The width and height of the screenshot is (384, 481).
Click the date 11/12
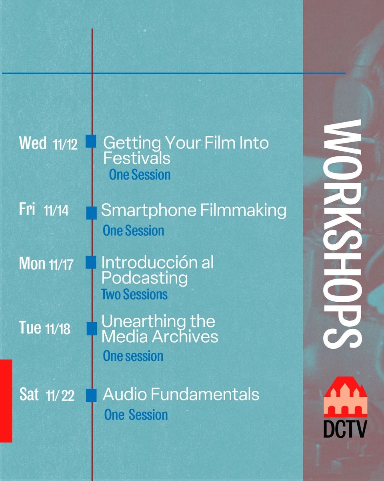(65, 145)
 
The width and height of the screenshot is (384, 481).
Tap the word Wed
(32, 143)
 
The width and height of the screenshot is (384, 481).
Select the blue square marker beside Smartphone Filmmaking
(92, 213)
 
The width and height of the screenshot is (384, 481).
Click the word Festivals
(137, 158)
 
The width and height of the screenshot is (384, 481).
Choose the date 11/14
(56, 211)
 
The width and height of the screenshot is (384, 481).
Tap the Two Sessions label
(134, 295)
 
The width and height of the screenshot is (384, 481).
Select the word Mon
(32, 264)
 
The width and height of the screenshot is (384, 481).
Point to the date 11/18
(58, 329)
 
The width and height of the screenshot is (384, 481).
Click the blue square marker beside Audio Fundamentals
(92, 395)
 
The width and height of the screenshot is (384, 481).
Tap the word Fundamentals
(207, 394)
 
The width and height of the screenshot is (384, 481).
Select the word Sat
(29, 394)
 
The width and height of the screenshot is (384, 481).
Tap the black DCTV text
(345, 428)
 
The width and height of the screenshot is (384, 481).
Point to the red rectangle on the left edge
(6, 401)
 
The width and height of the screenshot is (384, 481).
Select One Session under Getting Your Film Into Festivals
(140, 175)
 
